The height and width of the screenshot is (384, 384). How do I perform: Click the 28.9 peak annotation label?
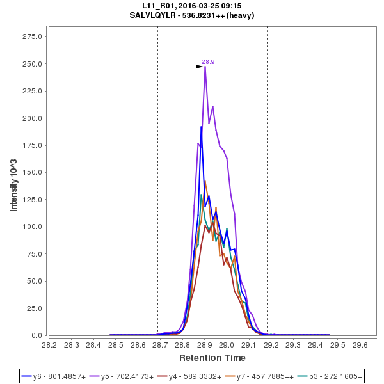(x=208, y=62)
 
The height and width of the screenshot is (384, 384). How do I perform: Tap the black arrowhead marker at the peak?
(x=199, y=67)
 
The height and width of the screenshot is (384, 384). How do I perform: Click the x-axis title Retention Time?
(x=212, y=358)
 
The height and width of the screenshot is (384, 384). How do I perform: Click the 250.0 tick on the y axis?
(x=33, y=64)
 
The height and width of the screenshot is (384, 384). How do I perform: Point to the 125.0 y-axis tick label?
(x=33, y=200)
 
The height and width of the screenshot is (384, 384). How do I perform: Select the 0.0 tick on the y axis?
(x=37, y=335)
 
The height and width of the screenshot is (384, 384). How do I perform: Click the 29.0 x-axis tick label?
(x=227, y=344)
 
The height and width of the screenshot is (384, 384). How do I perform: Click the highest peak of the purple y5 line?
(x=205, y=67)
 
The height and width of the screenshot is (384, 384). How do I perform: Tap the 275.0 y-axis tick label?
(x=33, y=36)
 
